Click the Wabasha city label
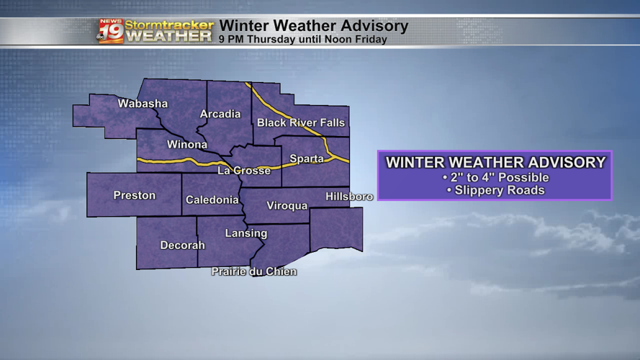point(143,104)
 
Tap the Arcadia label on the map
point(220,114)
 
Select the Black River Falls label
point(301,122)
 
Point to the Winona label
point(187,145)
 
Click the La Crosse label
point(244,171)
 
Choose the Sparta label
point(306,158)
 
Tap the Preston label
point(135,195)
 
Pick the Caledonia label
point(212,200)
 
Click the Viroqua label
point(287,206)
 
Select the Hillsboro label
point(349,197)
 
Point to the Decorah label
point(182,246)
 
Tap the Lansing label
point(246,233)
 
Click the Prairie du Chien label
point(253,271)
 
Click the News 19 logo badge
point(110,31)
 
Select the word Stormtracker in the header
point(169,24)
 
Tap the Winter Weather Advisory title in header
point(313,26)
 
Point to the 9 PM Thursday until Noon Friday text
point(302,40)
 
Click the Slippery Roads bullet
point(495,191)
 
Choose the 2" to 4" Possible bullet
point(495,177)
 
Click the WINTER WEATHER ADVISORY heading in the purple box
point(495,162)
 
